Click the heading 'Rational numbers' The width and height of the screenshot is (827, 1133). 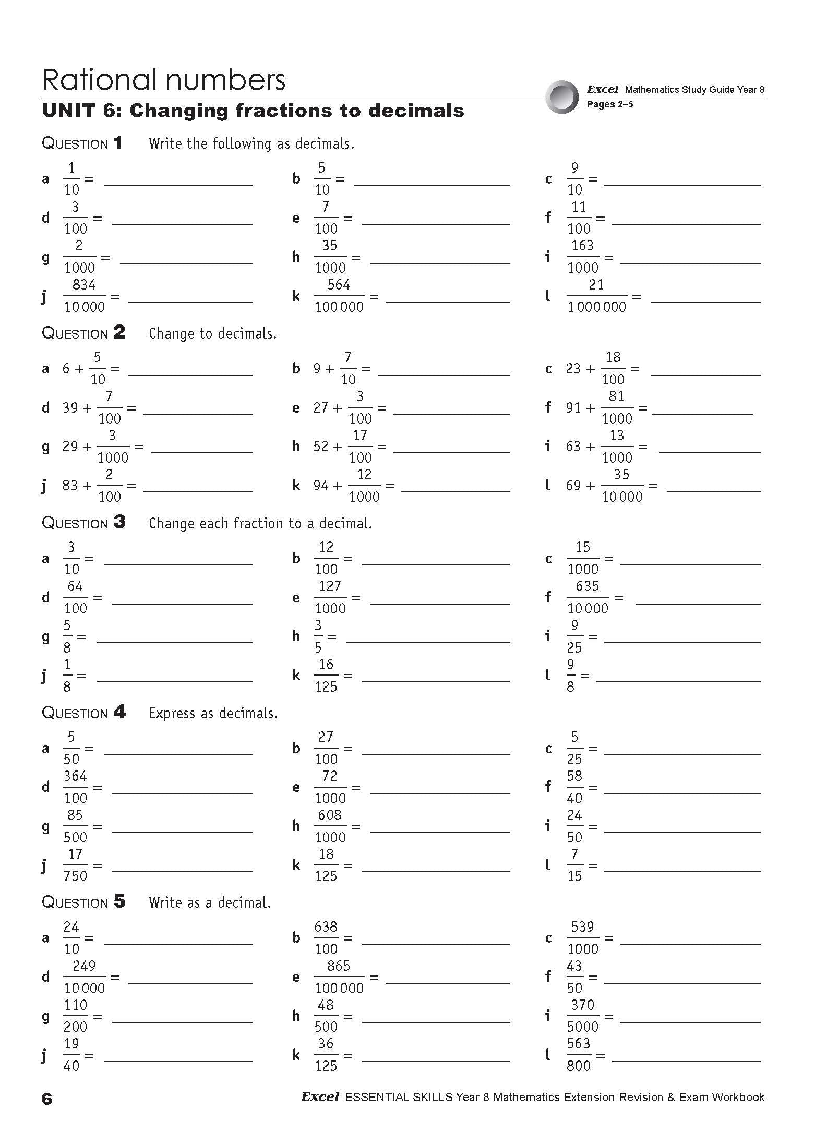pos(163,80)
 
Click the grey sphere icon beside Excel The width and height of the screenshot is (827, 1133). pos(562,97)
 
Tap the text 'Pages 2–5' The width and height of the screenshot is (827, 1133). pos(609,104)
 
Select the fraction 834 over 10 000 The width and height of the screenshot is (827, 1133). pos(84,296)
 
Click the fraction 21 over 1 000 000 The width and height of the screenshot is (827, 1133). pos(596,296)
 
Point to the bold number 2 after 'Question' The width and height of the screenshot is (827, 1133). pos(119,332)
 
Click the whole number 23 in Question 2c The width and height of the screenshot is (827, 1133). pos(573,369)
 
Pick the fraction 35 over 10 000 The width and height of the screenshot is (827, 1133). pos(622,486)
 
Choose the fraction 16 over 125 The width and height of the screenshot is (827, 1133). pos(326,676)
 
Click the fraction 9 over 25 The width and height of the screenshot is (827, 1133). pos(574,636)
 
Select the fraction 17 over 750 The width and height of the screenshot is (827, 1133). pos(75,865)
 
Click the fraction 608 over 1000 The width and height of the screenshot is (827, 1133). pos(330,826)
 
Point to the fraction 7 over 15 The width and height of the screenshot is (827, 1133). pos(574,865)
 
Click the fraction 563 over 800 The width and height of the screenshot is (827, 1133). pos(579,1055)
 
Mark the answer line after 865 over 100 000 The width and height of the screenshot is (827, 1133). pos(448,983)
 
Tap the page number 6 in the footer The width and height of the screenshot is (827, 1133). pos(47,1099)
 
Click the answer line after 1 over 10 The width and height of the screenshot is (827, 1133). pos(178,185)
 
